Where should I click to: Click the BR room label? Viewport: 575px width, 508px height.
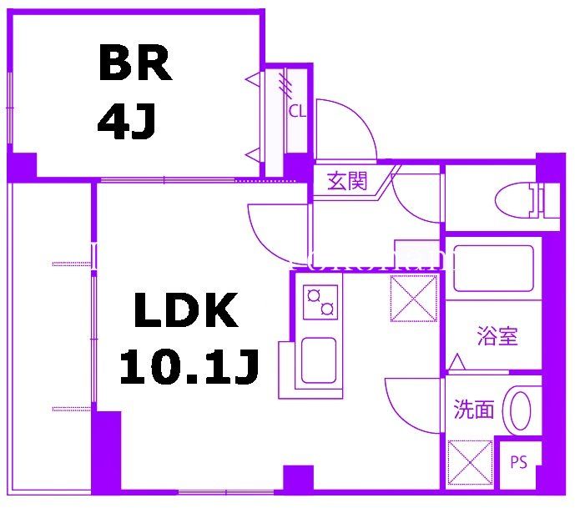point(135,63)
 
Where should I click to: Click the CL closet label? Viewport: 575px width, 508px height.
point(296,110)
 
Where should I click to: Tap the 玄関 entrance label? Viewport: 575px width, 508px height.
point(346,181)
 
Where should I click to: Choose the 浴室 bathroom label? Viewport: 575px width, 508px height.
point(497,336)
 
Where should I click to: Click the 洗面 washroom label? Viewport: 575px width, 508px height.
point(473,409)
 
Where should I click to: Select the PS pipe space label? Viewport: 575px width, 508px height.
point(518,462)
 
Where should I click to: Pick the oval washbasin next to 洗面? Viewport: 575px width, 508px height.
point(521,409)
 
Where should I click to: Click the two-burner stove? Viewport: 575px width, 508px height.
point(321,301)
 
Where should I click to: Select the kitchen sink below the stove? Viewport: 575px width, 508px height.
point(318,360)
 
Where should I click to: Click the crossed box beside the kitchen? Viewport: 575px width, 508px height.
point(413,299)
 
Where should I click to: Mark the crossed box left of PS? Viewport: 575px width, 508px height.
point(470,462)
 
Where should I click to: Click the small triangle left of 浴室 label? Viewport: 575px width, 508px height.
point(456,363)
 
